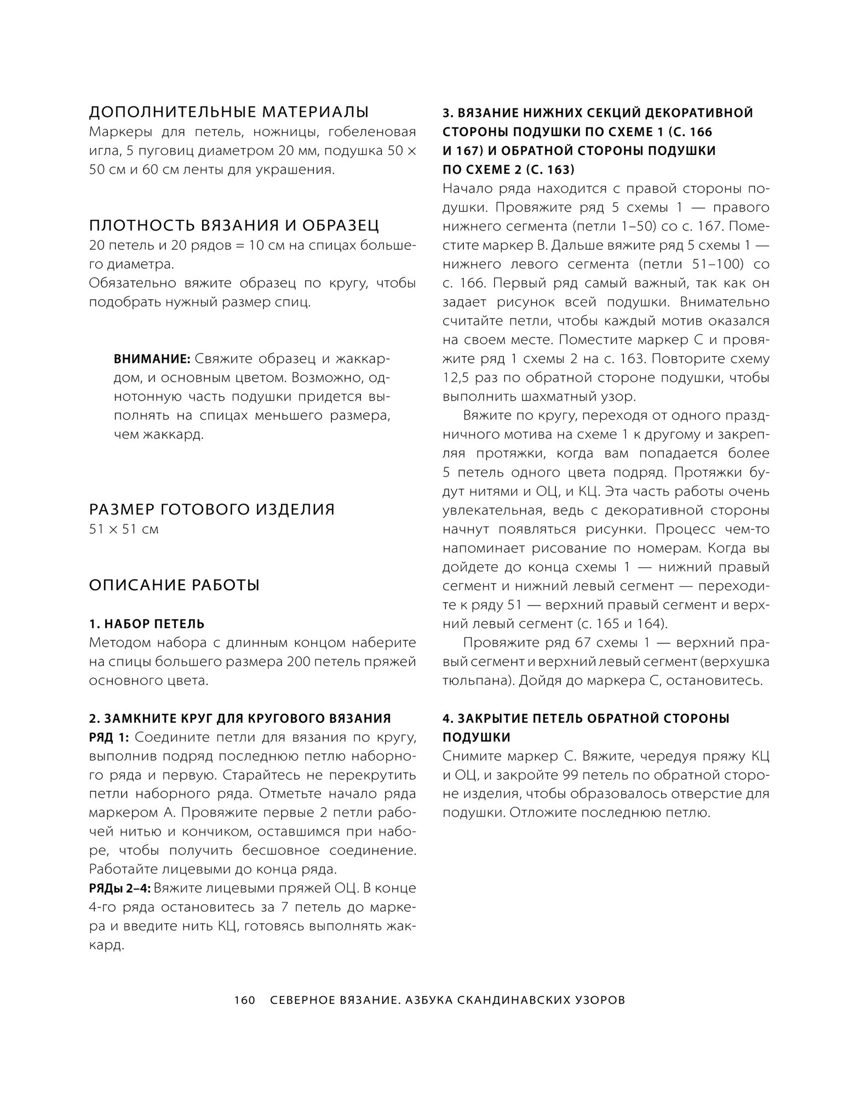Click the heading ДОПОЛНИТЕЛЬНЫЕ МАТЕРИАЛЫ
click(x=228, y=112)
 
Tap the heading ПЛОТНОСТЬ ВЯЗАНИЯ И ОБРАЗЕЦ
click(x=234, y=225)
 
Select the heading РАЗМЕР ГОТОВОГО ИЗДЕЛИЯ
click(x=211, y=510)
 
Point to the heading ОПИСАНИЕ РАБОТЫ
click(x=174, y=585)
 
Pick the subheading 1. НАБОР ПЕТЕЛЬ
click(x=147, y=624)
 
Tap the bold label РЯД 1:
click(x=108, y=738)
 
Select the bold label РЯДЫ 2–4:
click(x=119, y=888)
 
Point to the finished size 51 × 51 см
click(x=124, y=529)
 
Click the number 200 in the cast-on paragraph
click(x=299, y=662)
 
